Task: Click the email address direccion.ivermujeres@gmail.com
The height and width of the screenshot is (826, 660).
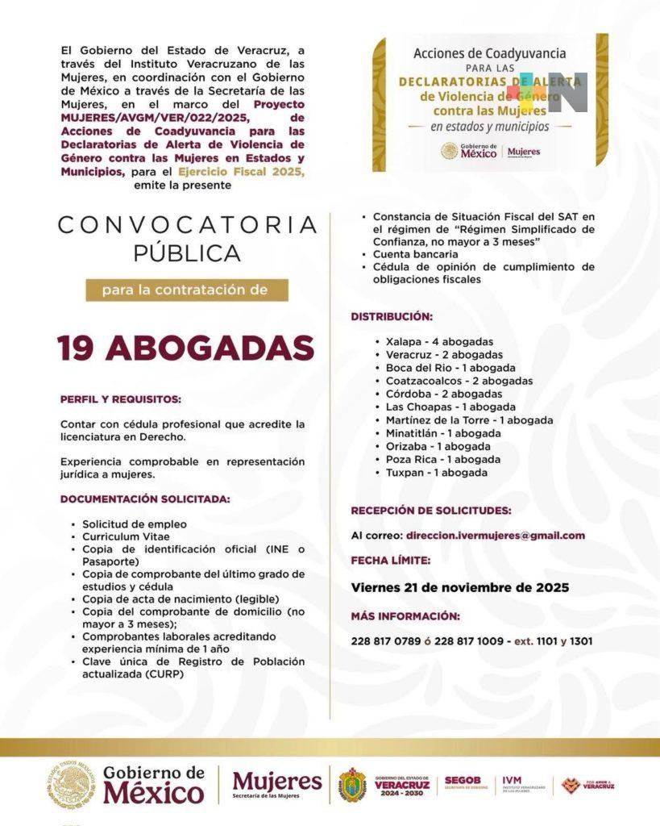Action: [x=495, y=536]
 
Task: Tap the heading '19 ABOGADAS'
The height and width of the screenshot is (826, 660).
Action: [x=185, y=348]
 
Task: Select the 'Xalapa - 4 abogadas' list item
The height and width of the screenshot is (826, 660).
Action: [x=439, y=342]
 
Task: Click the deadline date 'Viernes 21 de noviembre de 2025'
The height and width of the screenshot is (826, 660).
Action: [x=460, y=587]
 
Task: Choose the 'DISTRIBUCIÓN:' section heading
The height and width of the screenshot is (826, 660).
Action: [x=392, y=317]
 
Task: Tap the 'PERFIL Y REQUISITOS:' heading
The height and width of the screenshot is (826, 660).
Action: [x=121, y=399]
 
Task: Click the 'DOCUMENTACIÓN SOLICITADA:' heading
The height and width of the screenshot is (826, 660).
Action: [x=145, y=499]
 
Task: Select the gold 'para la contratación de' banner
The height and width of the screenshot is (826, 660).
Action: [x=187, y=290]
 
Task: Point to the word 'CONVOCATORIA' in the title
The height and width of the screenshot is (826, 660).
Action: [x=187, y=225]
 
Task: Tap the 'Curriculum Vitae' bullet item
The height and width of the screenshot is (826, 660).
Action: [x=126, y=536]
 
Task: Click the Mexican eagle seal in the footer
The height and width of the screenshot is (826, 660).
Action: [x=71, y=785]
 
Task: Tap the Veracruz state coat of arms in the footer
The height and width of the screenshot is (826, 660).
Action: [x=352, y=785]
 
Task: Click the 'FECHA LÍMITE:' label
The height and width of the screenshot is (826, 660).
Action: [x=391, y=560]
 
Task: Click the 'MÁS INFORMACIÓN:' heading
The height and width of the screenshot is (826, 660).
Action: [x=405, y=616]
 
